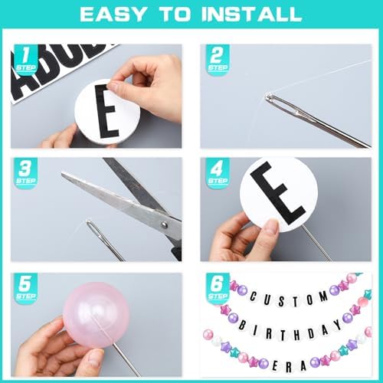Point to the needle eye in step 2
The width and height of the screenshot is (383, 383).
pos(274,99)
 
